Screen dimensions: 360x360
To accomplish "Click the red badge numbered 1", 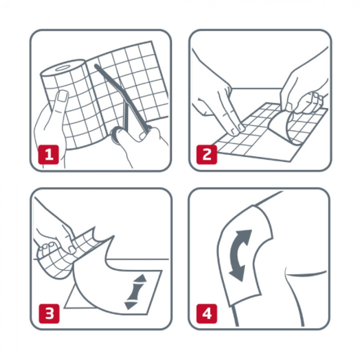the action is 48,154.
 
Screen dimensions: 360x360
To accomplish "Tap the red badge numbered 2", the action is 207,154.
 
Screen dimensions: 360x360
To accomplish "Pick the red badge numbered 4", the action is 207,313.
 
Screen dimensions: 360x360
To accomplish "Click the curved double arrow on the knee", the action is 240,255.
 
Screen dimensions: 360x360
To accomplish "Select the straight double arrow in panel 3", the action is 136,292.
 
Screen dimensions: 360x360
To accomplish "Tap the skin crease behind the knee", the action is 305,273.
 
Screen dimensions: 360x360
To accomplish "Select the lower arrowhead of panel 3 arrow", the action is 131,305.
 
